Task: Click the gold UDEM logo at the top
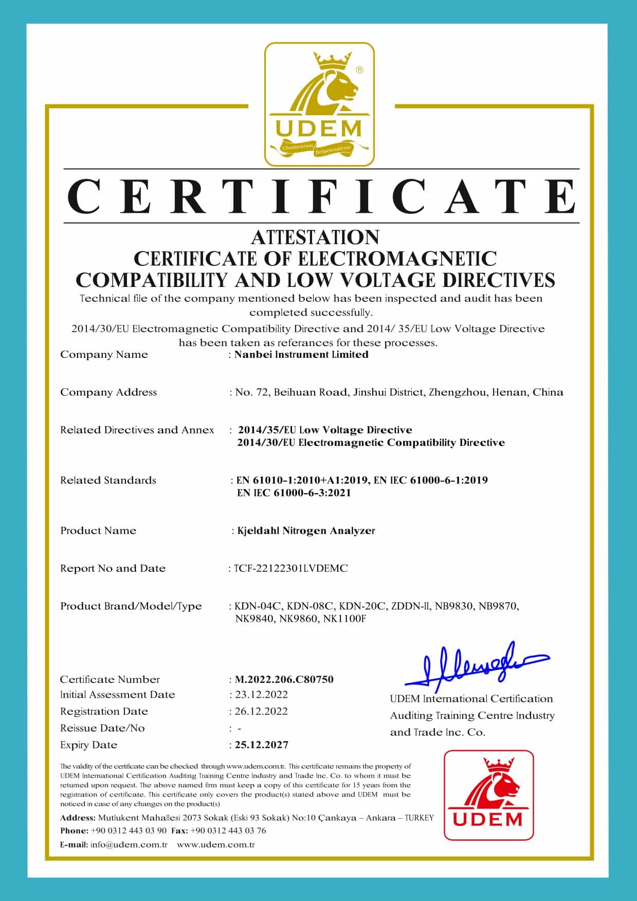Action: tap(319, 105)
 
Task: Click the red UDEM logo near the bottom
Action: tap(488, 795)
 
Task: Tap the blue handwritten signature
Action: tap(476, 665)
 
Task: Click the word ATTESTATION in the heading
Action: tap(315, 237)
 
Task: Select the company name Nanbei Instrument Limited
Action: tap(301, 354)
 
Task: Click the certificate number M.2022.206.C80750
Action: tap(284, 679)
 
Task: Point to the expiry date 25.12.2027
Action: tap(262, 745)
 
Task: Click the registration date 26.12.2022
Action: tap(261, 711)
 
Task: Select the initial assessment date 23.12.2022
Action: tap(261, 695)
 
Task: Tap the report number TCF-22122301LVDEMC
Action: tap(291, 568)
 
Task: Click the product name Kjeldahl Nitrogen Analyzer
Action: tap(306, 531)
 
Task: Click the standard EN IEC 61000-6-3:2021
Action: tap(294, 493)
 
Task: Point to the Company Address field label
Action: tap(108, 392)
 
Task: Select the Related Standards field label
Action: tap(108, 480)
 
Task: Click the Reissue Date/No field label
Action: tap(102, 728)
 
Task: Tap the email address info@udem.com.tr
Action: tap(129, 844)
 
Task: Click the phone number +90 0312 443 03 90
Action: tap(129, 831)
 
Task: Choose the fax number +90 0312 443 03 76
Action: tap(228, 831)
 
